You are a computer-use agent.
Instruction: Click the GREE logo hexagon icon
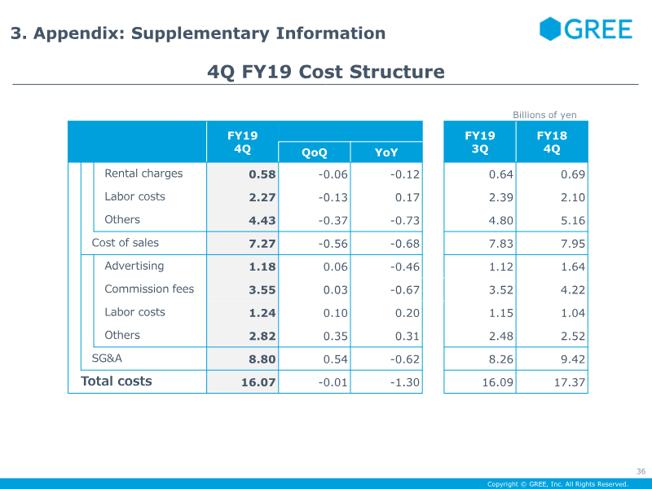[x=551, y=29]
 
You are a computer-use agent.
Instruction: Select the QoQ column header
[x=314, y=152]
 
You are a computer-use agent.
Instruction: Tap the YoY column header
[x=386, y=152]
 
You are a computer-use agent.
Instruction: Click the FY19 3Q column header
[x=479, y=143]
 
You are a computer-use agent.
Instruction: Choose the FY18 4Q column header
[x=552, y=143]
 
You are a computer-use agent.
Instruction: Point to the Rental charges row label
[x=143, y=174]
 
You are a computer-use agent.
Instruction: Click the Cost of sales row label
[x=125, y=243]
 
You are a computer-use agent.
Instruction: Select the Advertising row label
[x=134, y=266]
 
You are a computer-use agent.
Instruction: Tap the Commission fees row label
[x=149, y=289]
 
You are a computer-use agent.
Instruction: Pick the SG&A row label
[x=107, y=358]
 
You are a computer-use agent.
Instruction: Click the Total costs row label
[x=116, y=381]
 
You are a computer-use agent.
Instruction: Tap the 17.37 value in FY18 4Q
[x=569, y=382]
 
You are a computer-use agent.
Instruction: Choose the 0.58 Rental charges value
[x=262, y=174]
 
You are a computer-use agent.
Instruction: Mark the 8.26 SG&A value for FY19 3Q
[x=501, y=359]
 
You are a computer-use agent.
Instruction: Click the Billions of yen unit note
[x=544, y=115]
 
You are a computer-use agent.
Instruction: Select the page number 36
[x=641, y=471]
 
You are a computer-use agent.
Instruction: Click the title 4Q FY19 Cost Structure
[x=326, y=72]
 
